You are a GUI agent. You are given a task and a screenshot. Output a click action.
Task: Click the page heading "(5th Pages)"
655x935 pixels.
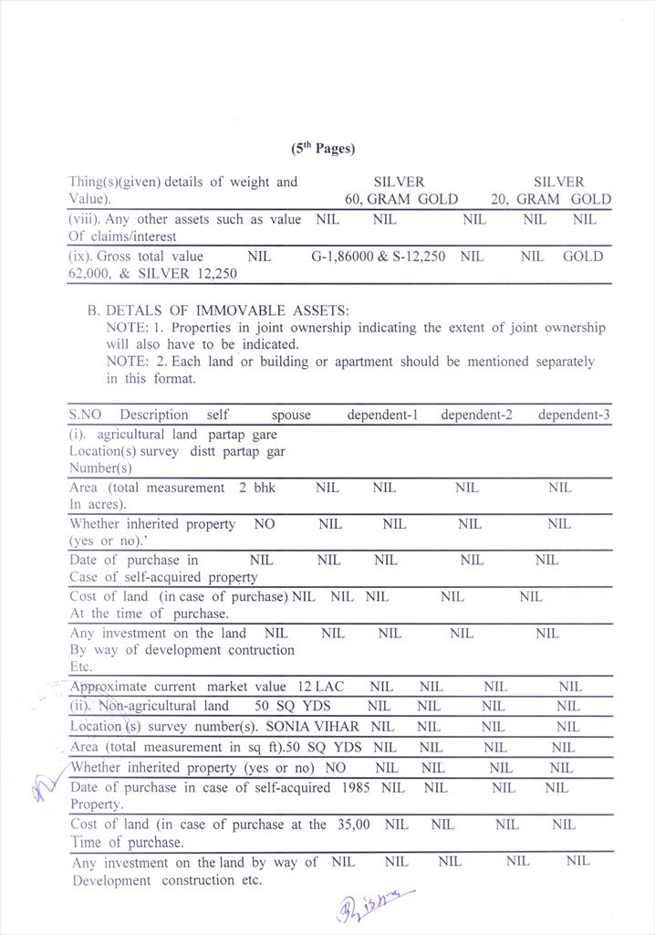(x=323, y=148)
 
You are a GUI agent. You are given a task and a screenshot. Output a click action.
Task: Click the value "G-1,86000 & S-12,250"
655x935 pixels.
(x=378, y=257)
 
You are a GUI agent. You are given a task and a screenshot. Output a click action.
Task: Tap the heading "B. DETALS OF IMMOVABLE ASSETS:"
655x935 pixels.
(x=218, y=310)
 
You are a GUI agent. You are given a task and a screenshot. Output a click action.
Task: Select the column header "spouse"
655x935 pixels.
(x=290, y=415)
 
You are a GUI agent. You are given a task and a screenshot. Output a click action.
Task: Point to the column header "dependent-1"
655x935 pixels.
(x=382, y=415)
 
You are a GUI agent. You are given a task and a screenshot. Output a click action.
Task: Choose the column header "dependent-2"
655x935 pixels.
(x=476, y=415)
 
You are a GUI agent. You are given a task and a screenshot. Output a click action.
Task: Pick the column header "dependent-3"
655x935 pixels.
(x=574, y=415)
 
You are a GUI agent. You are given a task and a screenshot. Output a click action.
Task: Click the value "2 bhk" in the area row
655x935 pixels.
(x=257, y=488)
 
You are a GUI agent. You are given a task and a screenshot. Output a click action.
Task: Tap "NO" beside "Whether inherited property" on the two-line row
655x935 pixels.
(x=264, y=524)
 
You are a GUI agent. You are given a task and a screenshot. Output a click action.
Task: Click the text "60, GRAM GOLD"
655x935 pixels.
(x=400, y=199)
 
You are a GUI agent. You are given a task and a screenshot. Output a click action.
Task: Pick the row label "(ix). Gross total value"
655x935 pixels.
(x=137, y=257)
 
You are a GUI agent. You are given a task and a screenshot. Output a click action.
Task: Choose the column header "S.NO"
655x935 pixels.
(x=86, y=415)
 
